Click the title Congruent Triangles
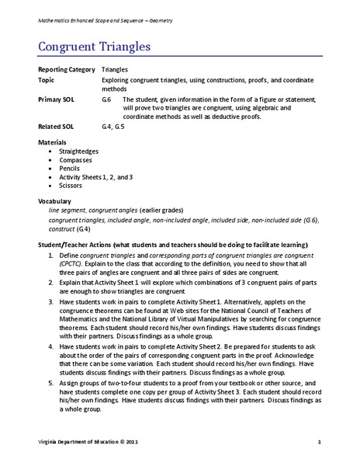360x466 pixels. [95, 47]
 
